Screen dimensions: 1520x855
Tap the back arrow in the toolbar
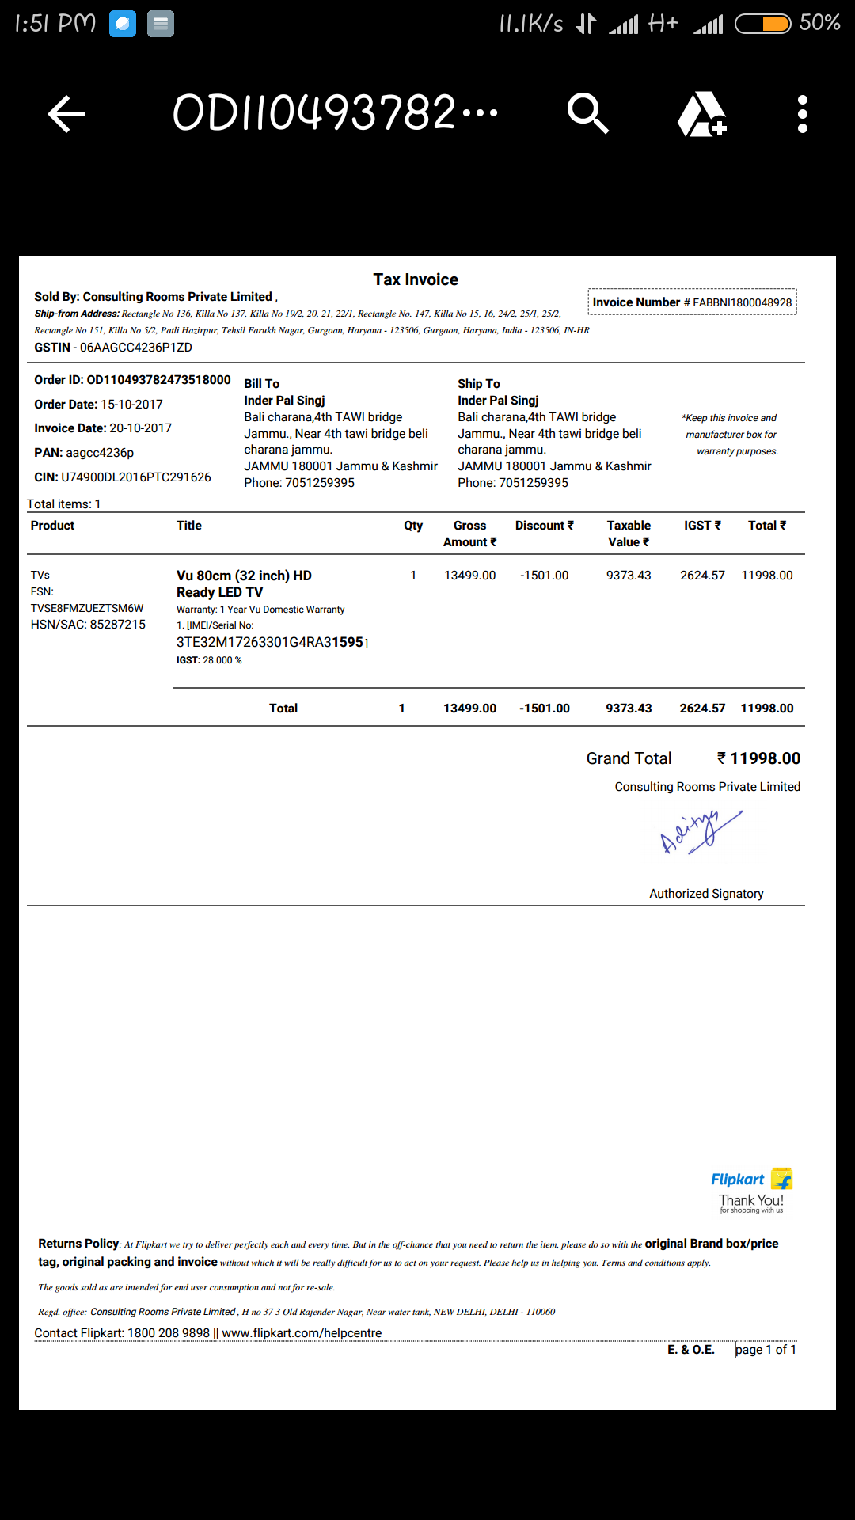click(x=66, y=115)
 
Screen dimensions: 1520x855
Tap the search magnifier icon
click(x=587, y=114)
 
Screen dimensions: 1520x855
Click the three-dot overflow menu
click(x=802, y=115)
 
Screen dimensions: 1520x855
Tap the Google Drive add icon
click(x=701, y=115)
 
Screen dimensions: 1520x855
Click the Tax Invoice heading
click(x=416, y=279)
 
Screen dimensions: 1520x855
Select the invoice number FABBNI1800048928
click(x=742, y=302)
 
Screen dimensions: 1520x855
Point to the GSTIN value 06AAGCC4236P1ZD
click(x=136, y=348)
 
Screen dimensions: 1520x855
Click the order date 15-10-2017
click(x=131, y=405)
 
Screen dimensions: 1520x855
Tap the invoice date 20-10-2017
click(x=140, y=428)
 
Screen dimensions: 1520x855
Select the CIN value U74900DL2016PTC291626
click(x=136, y=477)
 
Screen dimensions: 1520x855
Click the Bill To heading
click(x=261, y=384)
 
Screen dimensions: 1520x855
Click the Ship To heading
click(x=478, y=384)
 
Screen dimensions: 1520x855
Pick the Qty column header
click(x=413, y=526)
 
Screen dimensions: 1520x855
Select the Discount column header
click(x=544, y=526)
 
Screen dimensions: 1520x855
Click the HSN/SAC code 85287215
click(x=117, y=625)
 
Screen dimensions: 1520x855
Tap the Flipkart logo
click(x=750, y=1180)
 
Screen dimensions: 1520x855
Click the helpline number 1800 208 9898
click(x=169, y=1333)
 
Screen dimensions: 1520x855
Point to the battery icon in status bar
click(x=762, y=24)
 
